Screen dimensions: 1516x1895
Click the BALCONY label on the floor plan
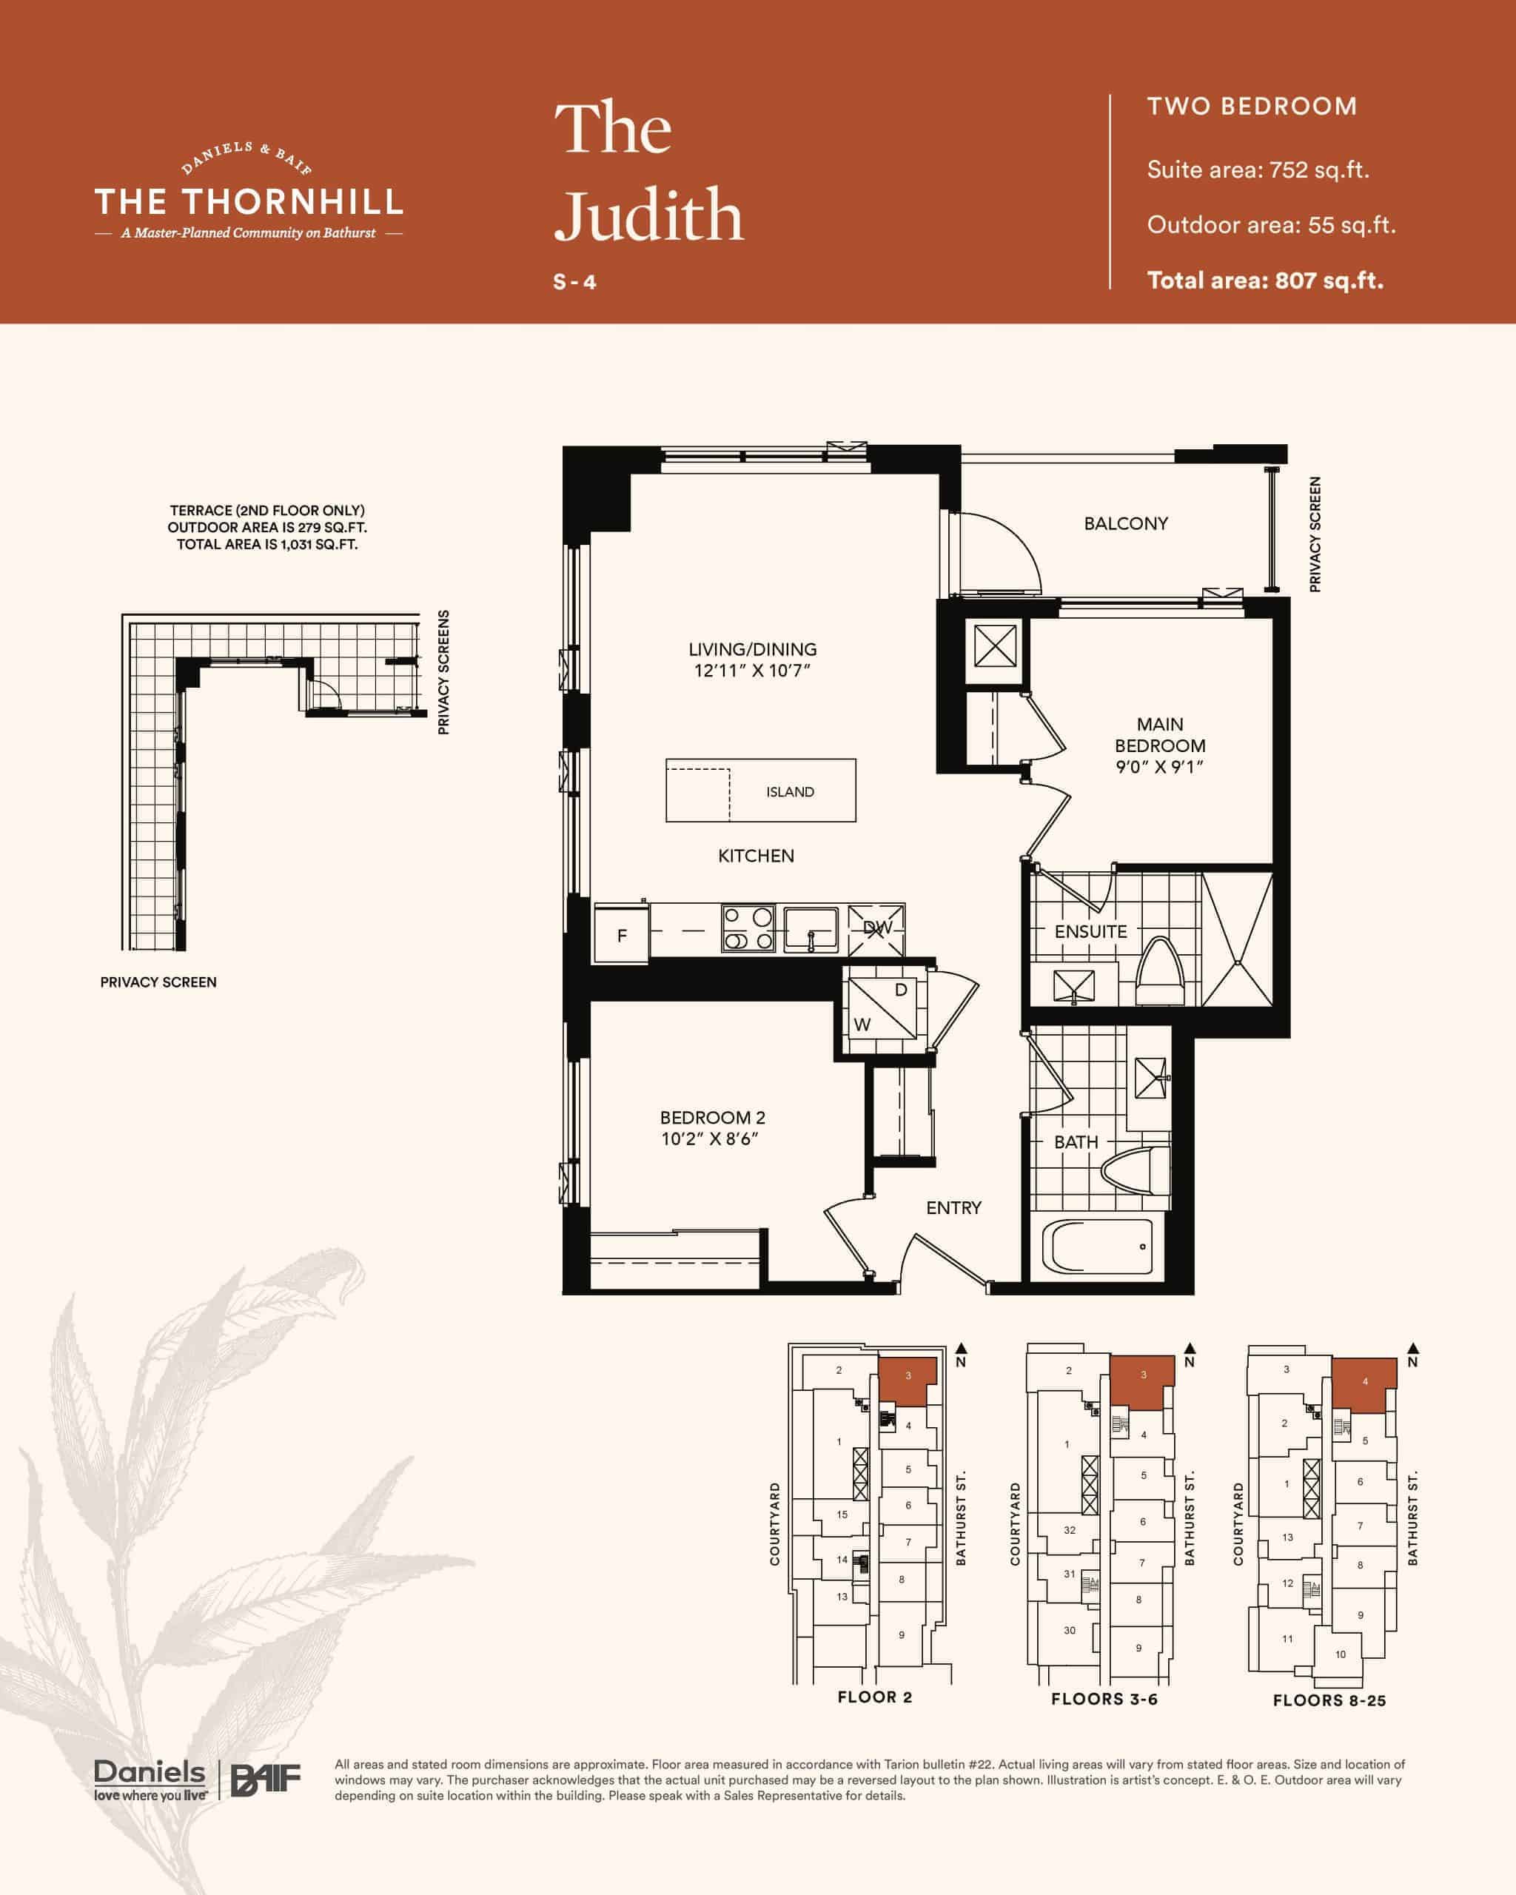(x=1126, y=524)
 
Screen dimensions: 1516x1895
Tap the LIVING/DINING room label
(x=752, y=649)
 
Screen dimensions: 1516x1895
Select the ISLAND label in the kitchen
(x=790, y=792)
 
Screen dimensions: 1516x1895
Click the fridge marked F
(x=621, y=935)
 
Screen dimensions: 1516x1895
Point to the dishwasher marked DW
(x=876, y=928)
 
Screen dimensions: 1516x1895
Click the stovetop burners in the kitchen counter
(x=748, y=928)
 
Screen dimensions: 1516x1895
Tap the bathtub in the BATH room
(x=1098, y=1247)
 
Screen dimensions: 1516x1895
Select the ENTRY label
(x=953, y=1207)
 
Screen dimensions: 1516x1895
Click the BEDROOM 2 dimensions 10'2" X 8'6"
(x=710, y=1139)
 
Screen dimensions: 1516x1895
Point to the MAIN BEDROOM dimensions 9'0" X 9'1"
(x=1160, y=766)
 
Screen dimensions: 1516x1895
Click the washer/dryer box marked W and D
(x=879, y=1008)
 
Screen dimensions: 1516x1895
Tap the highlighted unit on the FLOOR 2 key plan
(x=907, y=1381)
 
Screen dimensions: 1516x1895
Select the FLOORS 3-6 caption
(x=1104, y=1699)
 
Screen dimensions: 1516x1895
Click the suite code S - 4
(x=574, y=282)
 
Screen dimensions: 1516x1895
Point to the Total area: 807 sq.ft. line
(x=1266, y=281)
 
